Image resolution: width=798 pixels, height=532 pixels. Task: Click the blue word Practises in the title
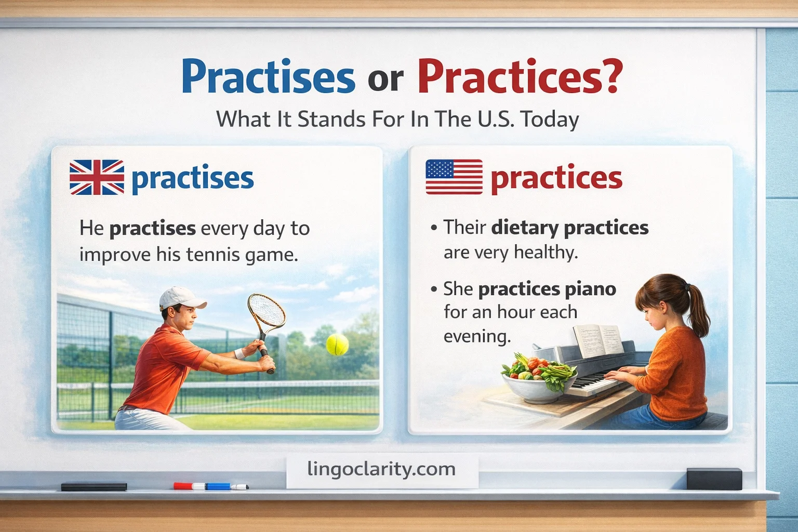(x=268, y=77)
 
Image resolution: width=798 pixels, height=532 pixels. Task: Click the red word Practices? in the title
(x=520, y=77)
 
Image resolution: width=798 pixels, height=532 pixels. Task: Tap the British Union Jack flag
(x=97, y=177)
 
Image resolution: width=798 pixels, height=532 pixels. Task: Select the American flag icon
(x=454, y=177)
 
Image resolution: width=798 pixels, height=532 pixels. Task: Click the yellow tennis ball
(x=337, y=344)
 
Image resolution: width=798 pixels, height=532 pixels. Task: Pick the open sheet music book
(x=597, y=340)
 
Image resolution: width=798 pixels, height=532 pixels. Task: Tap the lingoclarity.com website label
(x=381, y=469)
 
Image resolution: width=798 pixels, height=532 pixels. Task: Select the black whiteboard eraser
(x=714, y=478)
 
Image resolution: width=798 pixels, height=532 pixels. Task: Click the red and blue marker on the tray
(x=210, y=486)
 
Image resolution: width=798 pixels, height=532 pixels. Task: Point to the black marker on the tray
(x=94, y=487)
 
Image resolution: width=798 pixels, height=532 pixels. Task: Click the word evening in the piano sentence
(x=476, y=337)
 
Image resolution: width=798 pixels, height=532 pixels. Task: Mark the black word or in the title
(x=385, y=79)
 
